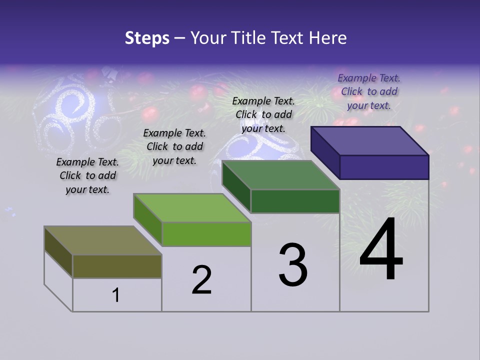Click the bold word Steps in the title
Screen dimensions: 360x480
(x=147, y=38)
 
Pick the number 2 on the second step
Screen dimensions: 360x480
(x=202, y=280)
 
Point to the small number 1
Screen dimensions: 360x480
(x=116, y=295)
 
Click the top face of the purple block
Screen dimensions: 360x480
(x=370, y=140)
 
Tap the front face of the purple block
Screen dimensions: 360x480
(x=384, y=167)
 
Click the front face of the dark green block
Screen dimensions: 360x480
(x=295, y=201)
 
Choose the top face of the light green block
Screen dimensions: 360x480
(x=192, y=208)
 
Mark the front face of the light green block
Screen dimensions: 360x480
(x=206, y=234)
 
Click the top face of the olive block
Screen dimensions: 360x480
(x=103, y=240)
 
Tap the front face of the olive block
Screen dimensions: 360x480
(x=117, y=266)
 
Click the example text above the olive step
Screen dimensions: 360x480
(x=87, y=175)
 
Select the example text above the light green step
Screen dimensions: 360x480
(x=174, y=146)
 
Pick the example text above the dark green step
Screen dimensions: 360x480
(x=263, y=114)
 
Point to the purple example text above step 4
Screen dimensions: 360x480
(x=369, y=91)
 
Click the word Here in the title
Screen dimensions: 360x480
(x=329, y=38)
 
